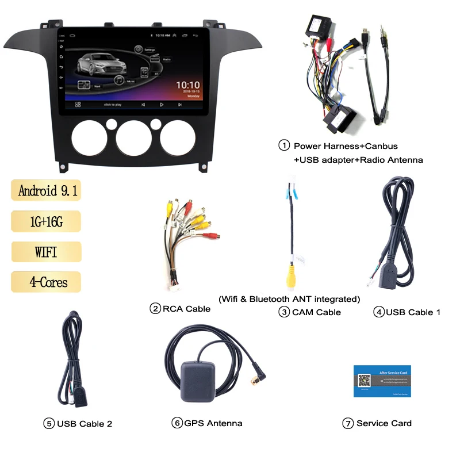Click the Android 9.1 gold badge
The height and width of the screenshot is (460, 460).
coord(46,190)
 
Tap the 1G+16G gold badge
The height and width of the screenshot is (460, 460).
coord(46,221)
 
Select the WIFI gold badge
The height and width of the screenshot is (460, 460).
coord(46,251)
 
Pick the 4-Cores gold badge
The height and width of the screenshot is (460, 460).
coord(46,282)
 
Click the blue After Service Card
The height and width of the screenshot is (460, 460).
coord(382,381)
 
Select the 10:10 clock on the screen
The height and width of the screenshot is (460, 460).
coord(188,84)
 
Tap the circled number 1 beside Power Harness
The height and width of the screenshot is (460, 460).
coord(283,145)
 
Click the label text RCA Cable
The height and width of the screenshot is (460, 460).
coord(186,309)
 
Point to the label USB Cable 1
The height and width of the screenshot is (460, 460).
coord(413,312)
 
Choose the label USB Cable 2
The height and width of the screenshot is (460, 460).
coord(85,424)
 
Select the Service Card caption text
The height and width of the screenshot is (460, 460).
coord(384,423)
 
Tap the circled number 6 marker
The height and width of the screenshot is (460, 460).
coord(177,423)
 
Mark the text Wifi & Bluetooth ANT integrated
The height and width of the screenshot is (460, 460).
coord(289,298)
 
